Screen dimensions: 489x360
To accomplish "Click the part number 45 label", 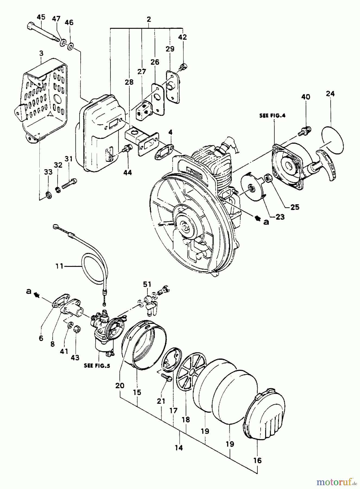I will coord(41,17).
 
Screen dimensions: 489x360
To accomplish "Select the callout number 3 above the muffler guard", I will coord(41,53).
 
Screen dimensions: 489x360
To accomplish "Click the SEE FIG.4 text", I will coord(272,115).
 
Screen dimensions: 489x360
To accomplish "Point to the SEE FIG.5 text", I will coord(97,366).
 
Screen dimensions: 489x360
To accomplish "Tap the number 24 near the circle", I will coord(330,94).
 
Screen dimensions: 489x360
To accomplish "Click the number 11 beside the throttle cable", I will coord(59,266).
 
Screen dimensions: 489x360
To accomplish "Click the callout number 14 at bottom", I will coord(179,447).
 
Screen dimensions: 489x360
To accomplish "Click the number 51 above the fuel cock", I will coord(147,284).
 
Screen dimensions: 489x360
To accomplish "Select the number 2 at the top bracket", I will coord(149,19).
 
